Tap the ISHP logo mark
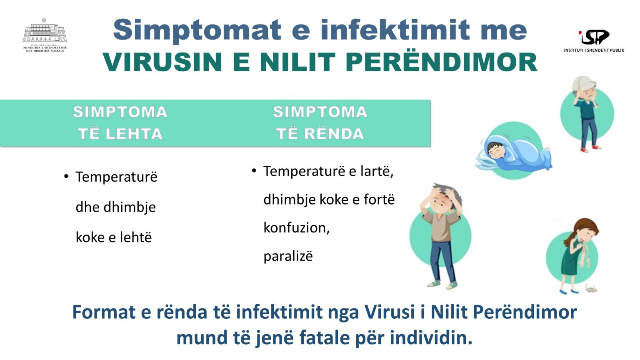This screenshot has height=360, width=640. click(594, 37)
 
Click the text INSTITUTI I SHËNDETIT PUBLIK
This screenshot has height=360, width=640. click(594, 50)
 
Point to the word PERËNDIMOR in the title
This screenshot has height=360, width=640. click(441, 62)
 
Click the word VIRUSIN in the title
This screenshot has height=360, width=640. click(162, 62)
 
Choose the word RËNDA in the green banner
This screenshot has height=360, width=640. click(334, 134)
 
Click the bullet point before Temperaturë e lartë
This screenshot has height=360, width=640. click(254, 171)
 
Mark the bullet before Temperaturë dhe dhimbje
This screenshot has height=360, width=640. click(66, 176)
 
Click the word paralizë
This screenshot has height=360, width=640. click(288, 256)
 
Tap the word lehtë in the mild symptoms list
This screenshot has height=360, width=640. click(135, 237)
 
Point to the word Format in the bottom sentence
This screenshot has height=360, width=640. click(104, 312)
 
